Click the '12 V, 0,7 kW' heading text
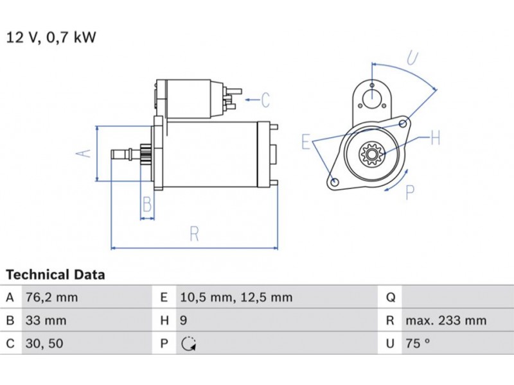click(51, 37)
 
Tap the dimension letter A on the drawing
click(84, 153)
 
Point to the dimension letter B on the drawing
click(147, 205)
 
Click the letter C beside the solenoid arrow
click(265, 99)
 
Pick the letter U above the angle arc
click(412, 59)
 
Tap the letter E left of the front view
click(306, 142)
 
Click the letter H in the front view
click(435, 137)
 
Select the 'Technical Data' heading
click(55, 275)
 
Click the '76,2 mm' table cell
click(51, 297)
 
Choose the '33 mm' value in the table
click(46, 320)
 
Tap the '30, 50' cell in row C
click(44, 343)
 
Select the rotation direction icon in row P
click(188, 344)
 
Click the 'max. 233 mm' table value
click(446, 320)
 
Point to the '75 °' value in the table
click(417, 343)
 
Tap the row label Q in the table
click(390, 297)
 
